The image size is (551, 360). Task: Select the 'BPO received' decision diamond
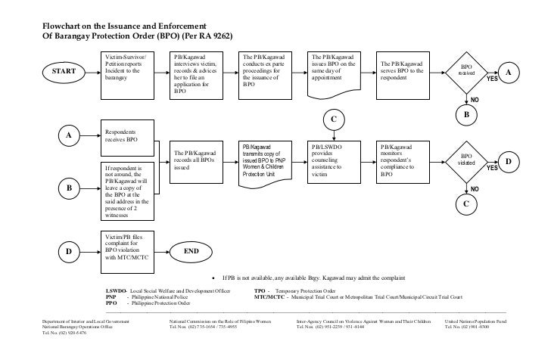[x=466, y=71]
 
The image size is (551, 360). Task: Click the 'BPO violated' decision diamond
[x=466, y=162]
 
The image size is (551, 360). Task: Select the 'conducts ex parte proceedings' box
[x=266, y=72]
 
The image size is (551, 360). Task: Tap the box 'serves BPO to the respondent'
[x=405, y=73]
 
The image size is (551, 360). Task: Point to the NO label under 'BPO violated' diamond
[x=475, y=188]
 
